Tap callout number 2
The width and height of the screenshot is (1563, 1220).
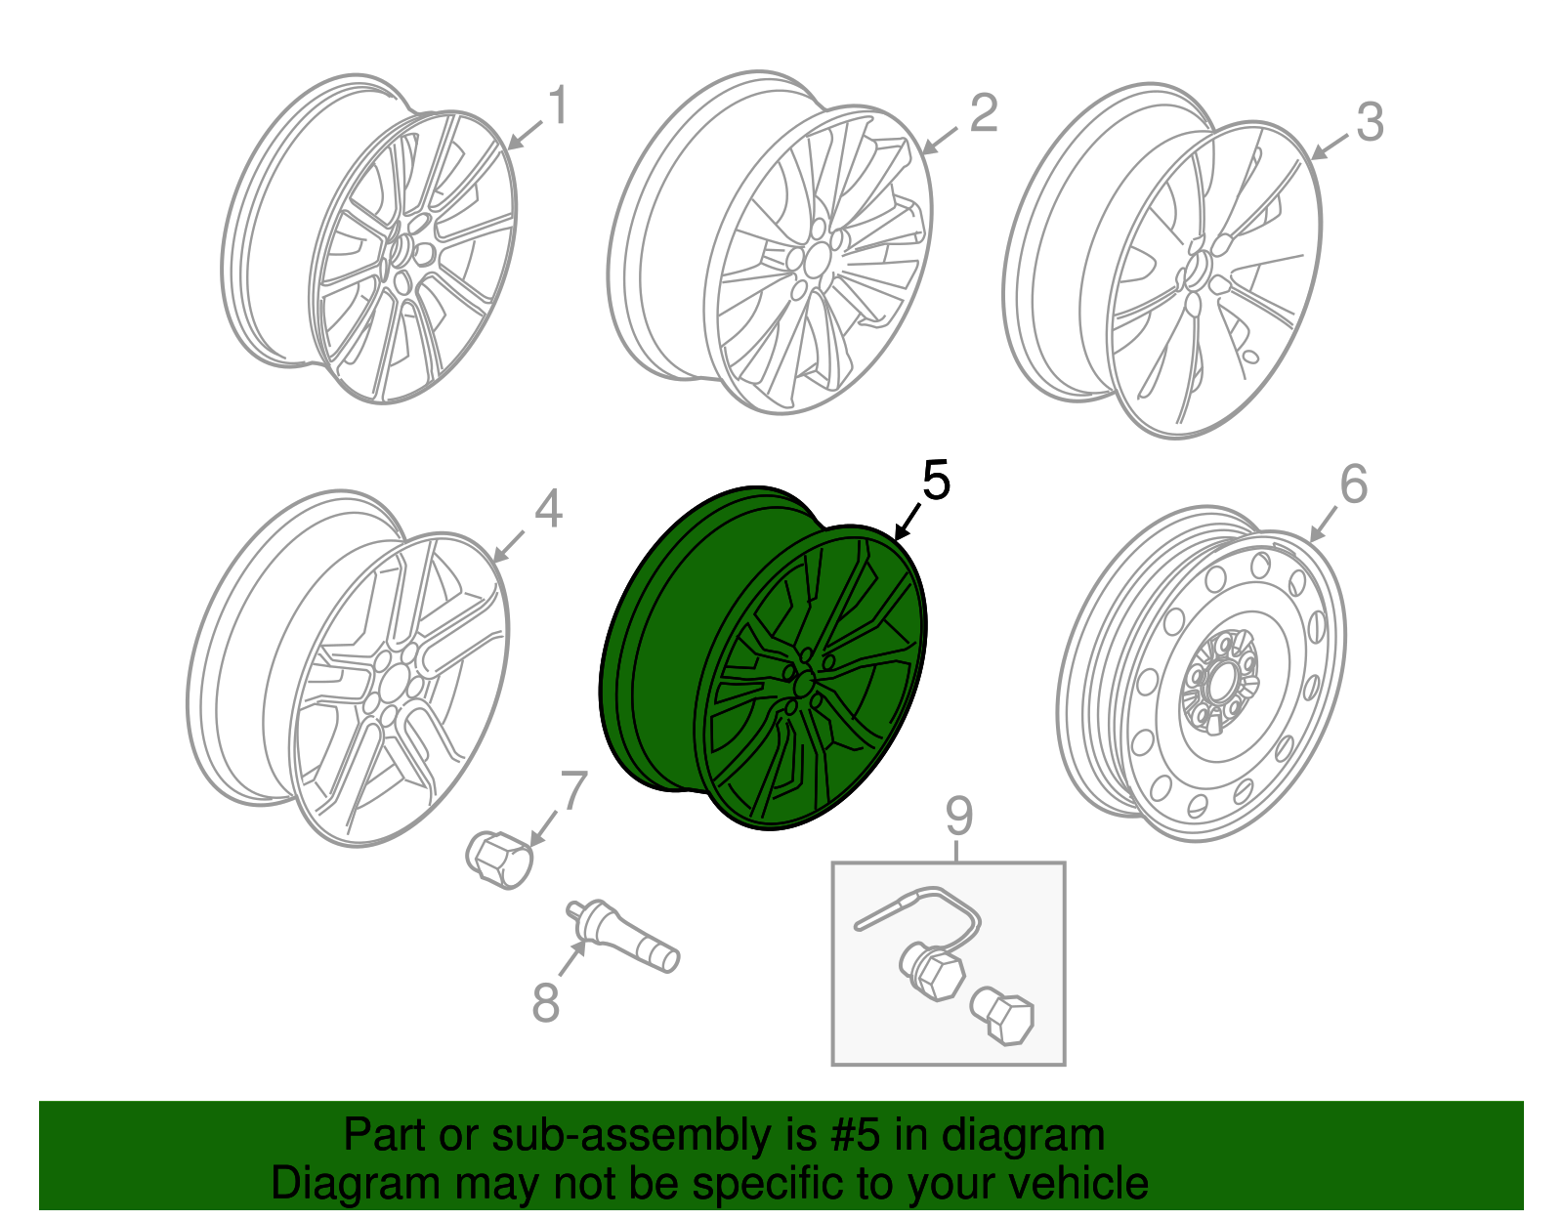point(983,113)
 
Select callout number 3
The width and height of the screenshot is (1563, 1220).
point(1370,123)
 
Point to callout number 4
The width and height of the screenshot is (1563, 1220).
point(548,510)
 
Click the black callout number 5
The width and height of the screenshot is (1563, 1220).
point(935,482)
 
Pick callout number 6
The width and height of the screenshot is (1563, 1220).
point(1353,484)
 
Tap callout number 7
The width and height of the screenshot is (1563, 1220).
point(573,791)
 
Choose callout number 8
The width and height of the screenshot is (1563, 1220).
point(545,1002)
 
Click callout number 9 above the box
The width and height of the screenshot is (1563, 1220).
point(958,816)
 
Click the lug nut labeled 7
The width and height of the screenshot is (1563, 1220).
point(499,859)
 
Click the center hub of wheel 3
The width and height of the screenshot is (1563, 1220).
point(1198,273)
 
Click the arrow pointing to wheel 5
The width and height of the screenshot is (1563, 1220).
point(908,521)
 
